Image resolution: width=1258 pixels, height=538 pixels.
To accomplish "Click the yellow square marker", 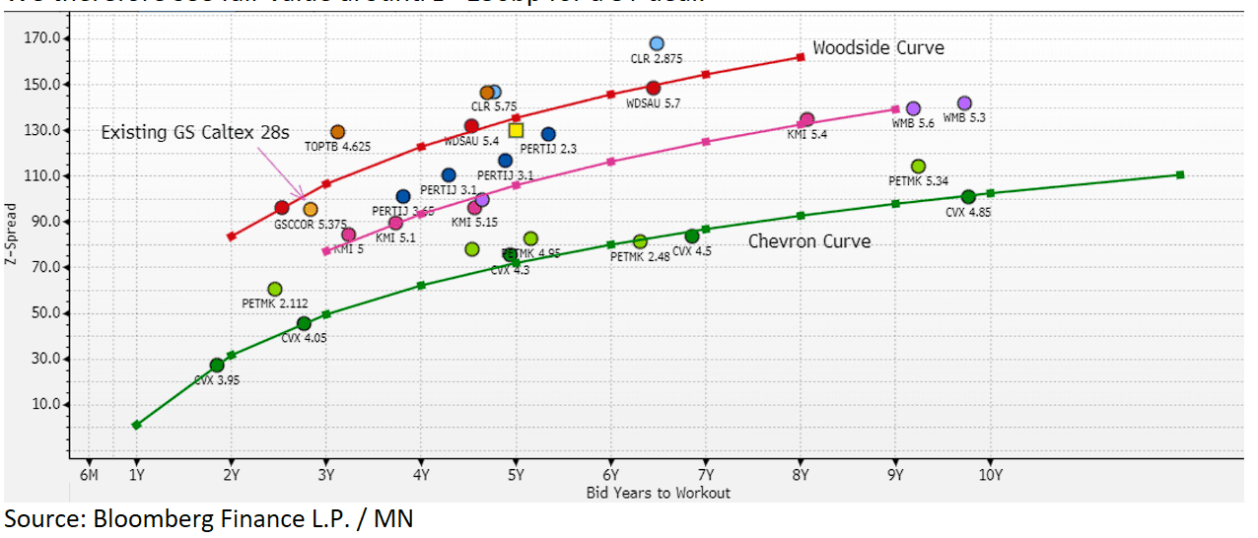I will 516,130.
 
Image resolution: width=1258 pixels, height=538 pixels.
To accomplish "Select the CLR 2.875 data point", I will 657,43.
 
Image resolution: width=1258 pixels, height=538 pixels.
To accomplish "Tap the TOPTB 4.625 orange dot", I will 337,132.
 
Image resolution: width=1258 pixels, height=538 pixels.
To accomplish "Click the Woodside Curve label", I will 877,48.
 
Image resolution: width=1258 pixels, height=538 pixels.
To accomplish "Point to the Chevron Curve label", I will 809,241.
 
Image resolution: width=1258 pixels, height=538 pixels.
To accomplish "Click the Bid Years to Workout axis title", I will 658,493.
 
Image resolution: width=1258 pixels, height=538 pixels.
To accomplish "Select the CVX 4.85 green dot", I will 968,197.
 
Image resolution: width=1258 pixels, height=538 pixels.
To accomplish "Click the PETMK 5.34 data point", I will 918,167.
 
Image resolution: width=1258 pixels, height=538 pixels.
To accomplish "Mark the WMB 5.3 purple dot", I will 964,103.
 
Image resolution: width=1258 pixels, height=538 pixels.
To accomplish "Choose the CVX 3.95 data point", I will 217,366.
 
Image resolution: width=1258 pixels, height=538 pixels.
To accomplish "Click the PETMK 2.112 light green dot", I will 274,289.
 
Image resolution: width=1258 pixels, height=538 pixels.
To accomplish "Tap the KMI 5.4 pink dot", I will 806,120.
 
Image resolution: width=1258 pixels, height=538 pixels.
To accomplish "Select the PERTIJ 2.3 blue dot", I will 548,134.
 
